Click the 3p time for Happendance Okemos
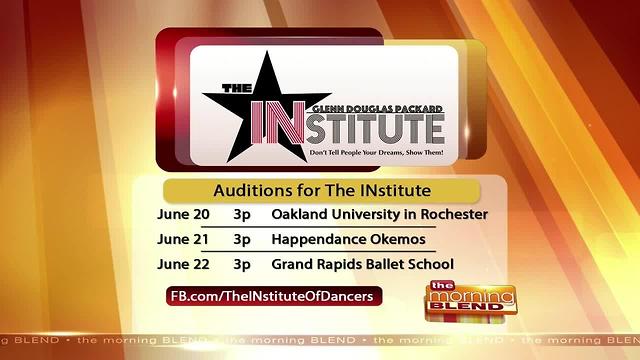click(x=242, y=240)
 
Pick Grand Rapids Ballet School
click(x=363, y=265)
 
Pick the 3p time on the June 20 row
click(x=242, y=214)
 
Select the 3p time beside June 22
click(x=242, y=265)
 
